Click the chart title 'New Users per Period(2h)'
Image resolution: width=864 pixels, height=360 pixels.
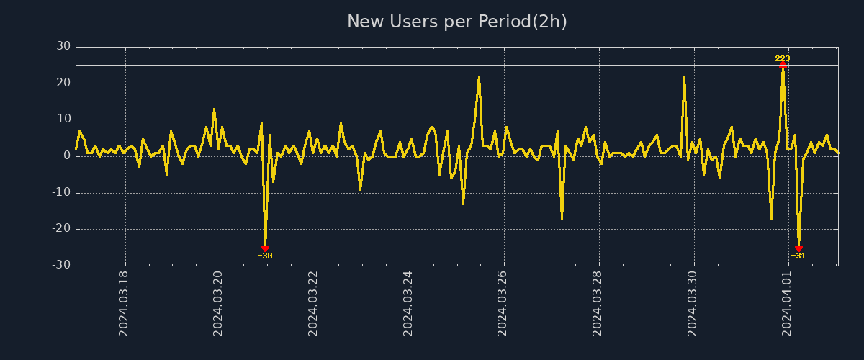[x=457, y=22]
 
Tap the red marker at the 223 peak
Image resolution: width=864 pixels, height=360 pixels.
[x=783, y=65]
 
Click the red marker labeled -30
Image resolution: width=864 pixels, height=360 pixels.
[x=265, y=248]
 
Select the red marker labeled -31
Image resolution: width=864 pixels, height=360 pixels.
[x=798, y=248]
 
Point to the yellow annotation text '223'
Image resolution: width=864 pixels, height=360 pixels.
[x=783, y=58]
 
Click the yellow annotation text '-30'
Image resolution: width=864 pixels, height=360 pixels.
[x=265, y=256]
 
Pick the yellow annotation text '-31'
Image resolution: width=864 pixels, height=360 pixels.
[x=798, y=256]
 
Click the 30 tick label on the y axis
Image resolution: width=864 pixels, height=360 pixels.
[x=63, y=46]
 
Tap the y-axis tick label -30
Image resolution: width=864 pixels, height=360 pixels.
[x=61, y=265]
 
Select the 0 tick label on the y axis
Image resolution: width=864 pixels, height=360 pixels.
[x=67, y=156]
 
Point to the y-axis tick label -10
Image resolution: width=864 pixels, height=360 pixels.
[x=61, y=192]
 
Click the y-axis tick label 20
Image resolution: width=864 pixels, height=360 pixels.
[x=63, y=83]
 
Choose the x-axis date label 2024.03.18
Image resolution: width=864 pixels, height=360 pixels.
[x=124, y=302]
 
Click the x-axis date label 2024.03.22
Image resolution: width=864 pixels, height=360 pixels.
[x=314, y=302]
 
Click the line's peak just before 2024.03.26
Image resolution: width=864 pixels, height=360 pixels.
[x=479, y=76]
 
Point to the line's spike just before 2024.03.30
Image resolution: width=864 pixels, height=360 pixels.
[x=684, y=76]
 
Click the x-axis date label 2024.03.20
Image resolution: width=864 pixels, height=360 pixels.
[x=219, y=302]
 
